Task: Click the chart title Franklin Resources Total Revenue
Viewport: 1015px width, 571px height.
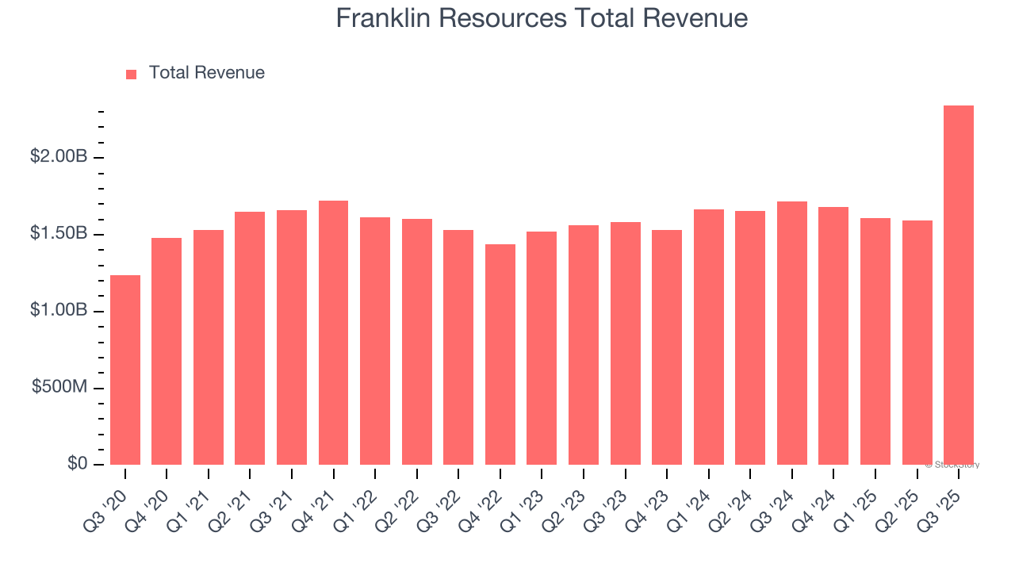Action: click(x=542, y=18)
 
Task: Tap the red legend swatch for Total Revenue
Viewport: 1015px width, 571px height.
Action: click(x=132, y=74)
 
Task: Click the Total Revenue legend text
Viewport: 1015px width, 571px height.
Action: click(x=206, y=73)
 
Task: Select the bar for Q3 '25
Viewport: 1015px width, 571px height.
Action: click(x=959, y=285)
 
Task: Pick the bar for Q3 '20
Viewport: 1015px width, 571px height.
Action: click(x=125, y=370)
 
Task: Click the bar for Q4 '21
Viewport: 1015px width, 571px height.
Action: click(x=333, y=333)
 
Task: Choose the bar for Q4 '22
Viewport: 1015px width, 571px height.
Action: click(x=500, y=354)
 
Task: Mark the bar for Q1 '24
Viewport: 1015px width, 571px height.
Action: click(x=708, y=337)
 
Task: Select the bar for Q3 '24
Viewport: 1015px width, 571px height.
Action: click(x=791, y=333)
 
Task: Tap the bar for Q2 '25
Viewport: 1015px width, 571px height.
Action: click(x=917, y=343)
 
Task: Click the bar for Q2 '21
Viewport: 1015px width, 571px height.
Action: click(x=250, y=338)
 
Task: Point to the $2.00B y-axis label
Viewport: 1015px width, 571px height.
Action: click(x=59, y=157)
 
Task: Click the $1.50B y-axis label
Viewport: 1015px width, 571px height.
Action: click(x=59, y=234)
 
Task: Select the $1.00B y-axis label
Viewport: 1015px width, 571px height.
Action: click(x=59, y=311)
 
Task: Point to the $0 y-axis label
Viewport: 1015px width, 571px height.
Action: click(x=77, y=464)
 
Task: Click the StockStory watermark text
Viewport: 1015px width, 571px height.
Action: click(x=952, y=465)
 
